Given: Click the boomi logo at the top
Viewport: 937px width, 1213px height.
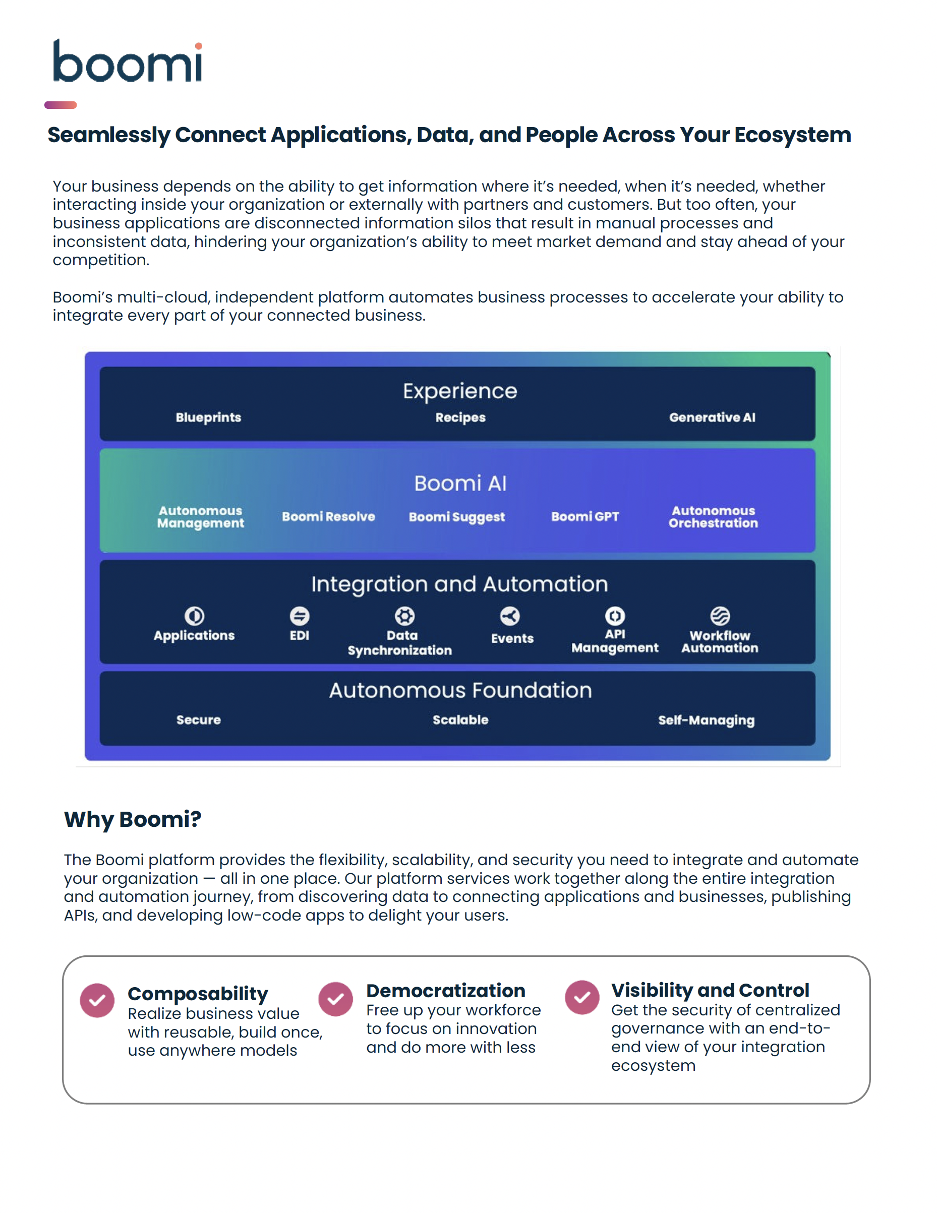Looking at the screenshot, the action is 127,61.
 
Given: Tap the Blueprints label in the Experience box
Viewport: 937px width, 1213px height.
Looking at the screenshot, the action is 208,417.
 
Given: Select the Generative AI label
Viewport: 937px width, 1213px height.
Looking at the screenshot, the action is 712,417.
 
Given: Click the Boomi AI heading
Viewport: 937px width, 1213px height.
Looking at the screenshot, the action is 460,483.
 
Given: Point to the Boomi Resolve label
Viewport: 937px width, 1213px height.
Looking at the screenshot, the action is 328,517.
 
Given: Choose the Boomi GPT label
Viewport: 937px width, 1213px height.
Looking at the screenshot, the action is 585,517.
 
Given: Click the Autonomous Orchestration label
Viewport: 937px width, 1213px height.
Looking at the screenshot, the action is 713,517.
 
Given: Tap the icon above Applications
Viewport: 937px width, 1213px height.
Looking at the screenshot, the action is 194,616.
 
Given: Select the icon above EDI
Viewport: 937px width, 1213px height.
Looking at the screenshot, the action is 300,616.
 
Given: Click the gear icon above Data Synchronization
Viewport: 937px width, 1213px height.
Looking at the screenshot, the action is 404,616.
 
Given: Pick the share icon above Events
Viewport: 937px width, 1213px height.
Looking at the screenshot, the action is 510,616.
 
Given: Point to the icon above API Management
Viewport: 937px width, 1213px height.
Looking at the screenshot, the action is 615,616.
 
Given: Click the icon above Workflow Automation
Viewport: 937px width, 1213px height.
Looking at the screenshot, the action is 720,616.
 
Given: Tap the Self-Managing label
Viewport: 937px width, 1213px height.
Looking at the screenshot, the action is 706,720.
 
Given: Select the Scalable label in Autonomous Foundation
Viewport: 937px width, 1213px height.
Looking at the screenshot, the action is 460,720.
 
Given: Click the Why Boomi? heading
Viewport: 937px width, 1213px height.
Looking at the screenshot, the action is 132,819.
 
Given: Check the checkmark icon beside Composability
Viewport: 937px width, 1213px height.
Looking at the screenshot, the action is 97,1000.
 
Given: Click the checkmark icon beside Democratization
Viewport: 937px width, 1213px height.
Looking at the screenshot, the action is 335,999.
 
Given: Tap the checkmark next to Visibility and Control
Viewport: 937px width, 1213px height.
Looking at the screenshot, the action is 582,998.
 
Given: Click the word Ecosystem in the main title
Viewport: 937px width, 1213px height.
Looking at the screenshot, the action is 793,135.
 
